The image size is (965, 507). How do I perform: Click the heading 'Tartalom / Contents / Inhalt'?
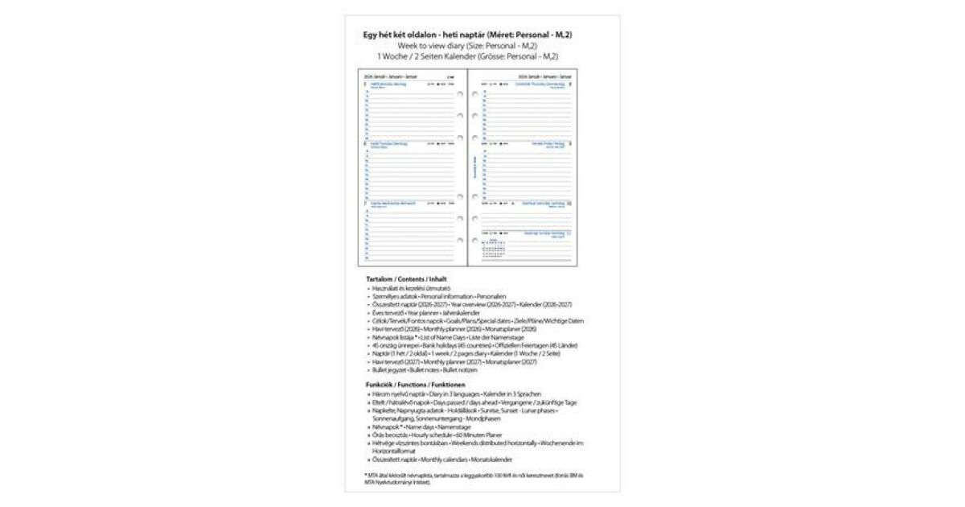click(x=407, y=278)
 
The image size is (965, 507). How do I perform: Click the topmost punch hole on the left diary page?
click(x=460, y=94)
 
